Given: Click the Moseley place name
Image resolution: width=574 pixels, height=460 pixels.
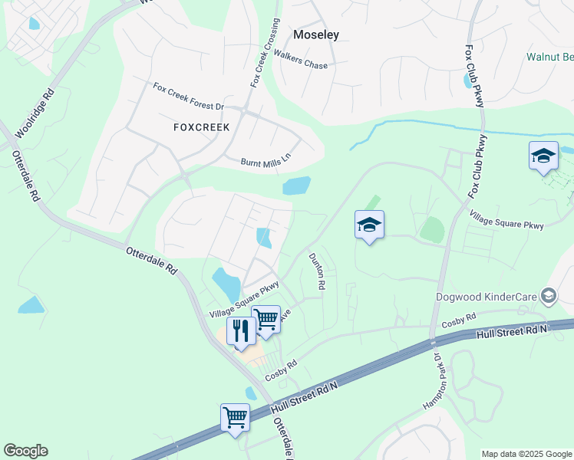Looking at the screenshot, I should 316,34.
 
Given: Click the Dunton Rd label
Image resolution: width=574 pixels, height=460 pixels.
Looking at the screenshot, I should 315,271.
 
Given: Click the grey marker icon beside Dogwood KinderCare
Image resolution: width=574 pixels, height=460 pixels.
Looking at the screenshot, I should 549,295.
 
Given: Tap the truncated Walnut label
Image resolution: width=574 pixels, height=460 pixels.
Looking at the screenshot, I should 549,57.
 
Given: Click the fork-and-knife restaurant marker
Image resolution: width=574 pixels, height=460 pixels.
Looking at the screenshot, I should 240,331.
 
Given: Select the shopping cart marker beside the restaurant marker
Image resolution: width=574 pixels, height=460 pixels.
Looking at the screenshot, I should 266,319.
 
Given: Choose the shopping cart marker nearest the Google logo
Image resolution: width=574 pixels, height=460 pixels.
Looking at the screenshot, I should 235,417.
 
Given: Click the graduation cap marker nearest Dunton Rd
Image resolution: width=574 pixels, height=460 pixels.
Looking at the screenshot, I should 369,225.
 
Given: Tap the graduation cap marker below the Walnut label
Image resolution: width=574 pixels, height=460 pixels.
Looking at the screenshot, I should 543,156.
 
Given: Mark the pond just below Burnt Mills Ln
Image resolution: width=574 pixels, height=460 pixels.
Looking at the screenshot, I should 297,186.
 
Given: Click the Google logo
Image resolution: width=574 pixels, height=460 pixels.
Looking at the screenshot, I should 25,451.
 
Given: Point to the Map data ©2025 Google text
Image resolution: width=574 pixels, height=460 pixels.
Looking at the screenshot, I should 526,454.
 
